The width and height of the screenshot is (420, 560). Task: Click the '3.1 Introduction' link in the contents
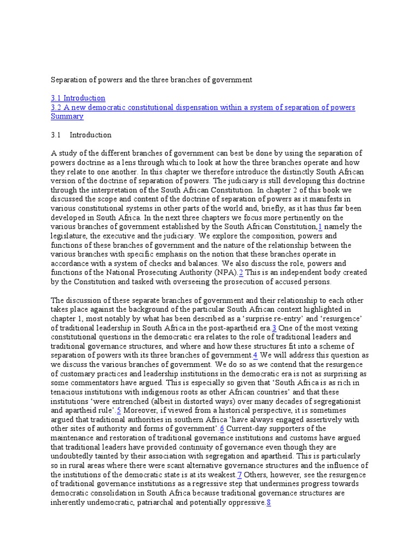(78, 98)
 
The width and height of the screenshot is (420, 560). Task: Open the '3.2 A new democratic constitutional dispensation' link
(203, 108)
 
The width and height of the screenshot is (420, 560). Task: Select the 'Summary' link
(67, 116)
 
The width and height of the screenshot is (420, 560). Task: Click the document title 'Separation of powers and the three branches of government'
(151, 80)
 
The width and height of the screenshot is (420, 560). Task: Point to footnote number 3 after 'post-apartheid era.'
(274, 328)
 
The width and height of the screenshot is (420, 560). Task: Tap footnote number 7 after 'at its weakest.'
(239, 475)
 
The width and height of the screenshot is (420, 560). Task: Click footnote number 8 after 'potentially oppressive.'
(269, 503)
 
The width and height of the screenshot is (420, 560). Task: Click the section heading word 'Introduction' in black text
(90, 135)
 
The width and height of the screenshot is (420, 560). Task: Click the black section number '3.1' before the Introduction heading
(56, 135)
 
